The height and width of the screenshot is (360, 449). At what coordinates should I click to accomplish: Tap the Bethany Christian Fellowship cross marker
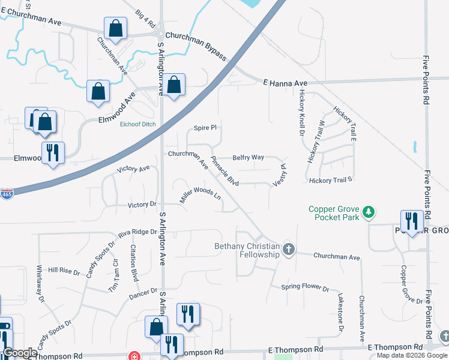tap(289, 250)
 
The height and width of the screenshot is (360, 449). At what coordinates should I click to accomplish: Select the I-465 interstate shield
tap(7, 196)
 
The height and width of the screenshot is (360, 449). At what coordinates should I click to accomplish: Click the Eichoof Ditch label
tap(138, 124)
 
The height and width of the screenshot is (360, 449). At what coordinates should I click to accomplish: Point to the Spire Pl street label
tap(204, 128)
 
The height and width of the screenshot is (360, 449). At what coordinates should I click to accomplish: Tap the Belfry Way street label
tap(249, 157)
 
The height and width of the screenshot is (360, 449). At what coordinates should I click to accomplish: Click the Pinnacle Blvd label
tap(225, 172)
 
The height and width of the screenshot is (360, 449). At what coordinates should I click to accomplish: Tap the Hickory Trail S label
tap(330, 180)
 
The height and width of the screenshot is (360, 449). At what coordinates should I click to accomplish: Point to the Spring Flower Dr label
tap(305, 287)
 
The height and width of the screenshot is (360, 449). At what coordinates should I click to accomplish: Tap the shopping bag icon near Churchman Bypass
tap(115, 28)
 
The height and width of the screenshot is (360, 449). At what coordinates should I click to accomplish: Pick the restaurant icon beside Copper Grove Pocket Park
tap(411, 220)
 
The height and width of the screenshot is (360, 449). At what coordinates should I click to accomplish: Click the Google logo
tap(20, 353)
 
